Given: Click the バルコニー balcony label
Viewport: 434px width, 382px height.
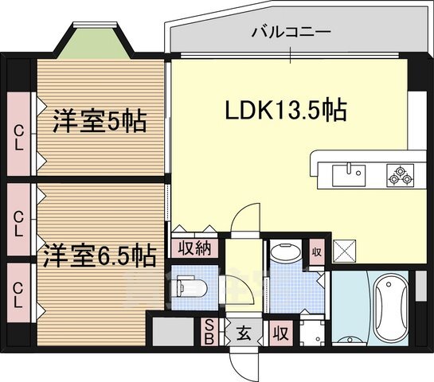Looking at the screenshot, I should (x=291, y=33).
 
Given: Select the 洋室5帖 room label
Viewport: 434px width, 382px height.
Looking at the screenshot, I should (x=99, y=123).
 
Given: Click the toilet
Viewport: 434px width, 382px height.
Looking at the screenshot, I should (x=189, y=284).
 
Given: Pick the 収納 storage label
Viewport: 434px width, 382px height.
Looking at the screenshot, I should (x=194, y=248).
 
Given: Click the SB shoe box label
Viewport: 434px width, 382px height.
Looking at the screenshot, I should (x=209, y=331).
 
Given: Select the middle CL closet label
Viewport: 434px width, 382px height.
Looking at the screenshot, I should (x=18, y=223).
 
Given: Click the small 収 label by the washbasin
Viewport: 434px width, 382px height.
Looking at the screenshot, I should (x=316, y=252).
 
